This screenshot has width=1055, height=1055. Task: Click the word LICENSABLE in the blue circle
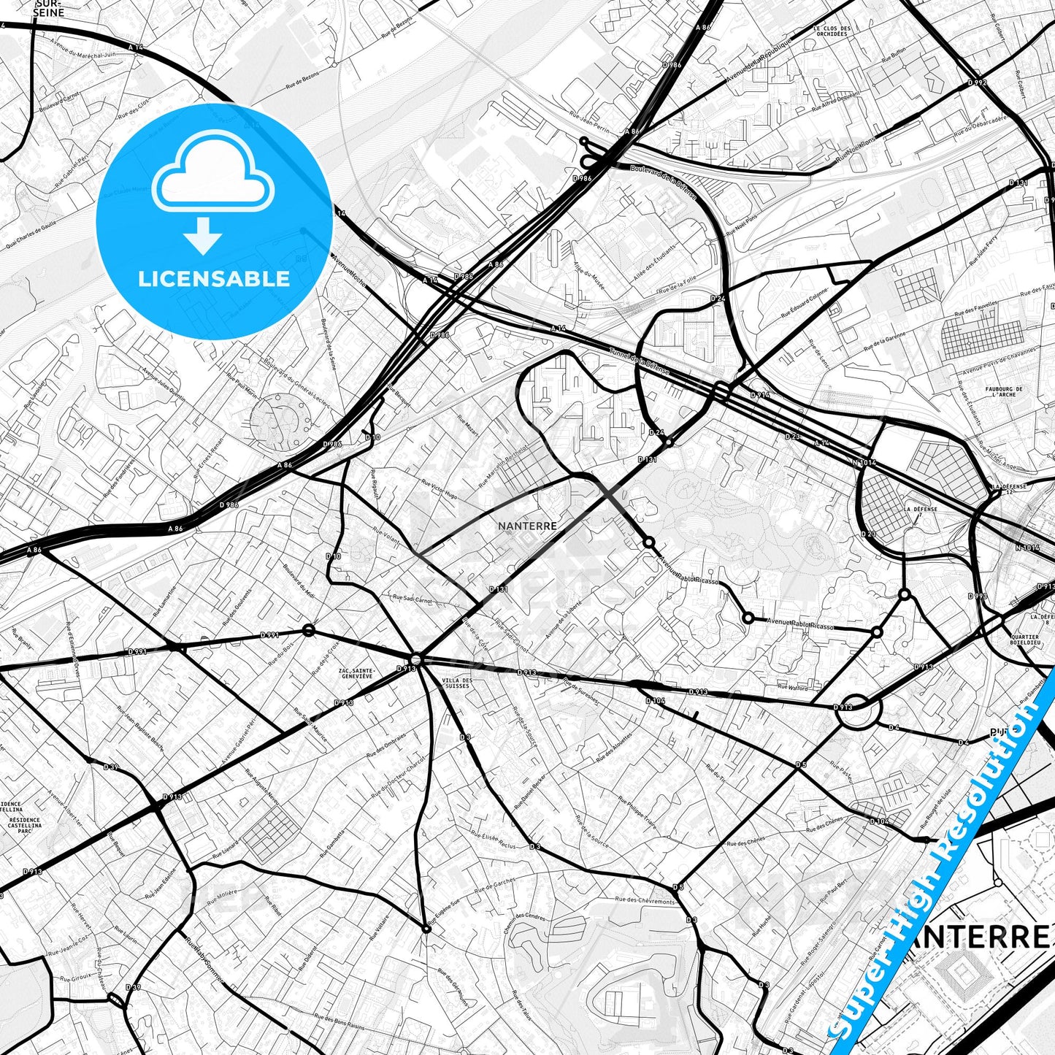point(214,278)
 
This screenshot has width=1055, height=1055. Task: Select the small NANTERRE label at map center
point(527,526)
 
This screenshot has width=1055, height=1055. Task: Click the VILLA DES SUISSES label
point(457,683)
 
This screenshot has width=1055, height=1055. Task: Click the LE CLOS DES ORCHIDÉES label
point(832,31)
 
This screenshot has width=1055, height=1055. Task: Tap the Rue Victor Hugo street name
point(440,488)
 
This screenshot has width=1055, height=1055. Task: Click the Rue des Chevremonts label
point(645,901)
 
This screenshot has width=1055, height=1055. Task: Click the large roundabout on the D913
point(858,707)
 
